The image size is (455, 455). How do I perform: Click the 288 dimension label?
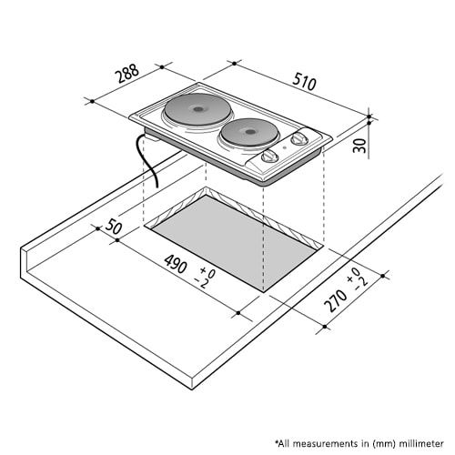tap(128, 74)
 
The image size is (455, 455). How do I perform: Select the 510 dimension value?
tap(304, 82)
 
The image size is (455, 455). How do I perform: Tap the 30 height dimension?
tap(360, 146)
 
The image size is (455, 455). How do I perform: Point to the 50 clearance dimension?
tap(114, 227)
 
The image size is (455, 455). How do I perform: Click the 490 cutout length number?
tap(176, 264)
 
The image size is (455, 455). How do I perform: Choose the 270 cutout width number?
tap(335, 300)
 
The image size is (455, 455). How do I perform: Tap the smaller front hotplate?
tap(249, 132)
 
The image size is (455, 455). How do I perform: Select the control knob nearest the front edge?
tap(269, 157)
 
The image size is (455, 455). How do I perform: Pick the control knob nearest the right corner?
tap(299, 139)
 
